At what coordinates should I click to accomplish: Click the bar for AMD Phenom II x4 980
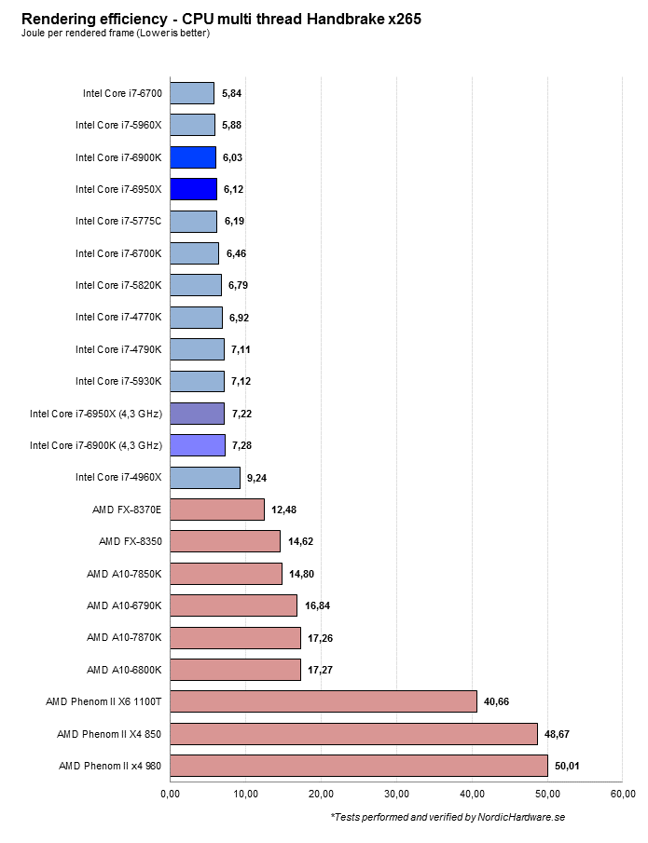(359, 766)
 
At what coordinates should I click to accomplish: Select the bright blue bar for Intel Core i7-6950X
(193, 189)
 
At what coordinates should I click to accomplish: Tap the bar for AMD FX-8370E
(217, 510)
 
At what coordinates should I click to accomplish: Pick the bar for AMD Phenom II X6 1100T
(324, 701)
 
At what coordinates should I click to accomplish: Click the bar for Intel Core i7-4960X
(205, 478)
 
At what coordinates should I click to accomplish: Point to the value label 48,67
(558, 734)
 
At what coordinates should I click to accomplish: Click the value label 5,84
(232, 93)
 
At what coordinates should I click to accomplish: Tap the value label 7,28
(243, 445)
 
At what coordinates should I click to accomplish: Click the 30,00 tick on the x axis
(396, 794)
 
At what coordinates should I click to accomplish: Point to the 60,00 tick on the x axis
(623, 794)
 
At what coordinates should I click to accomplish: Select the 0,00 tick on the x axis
(170, 794)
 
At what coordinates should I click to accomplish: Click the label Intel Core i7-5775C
(118, 221)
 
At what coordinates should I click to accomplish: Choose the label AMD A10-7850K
(124, 574)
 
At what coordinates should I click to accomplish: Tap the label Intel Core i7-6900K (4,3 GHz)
(96, 445)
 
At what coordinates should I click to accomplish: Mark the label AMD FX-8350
(130, 541)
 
